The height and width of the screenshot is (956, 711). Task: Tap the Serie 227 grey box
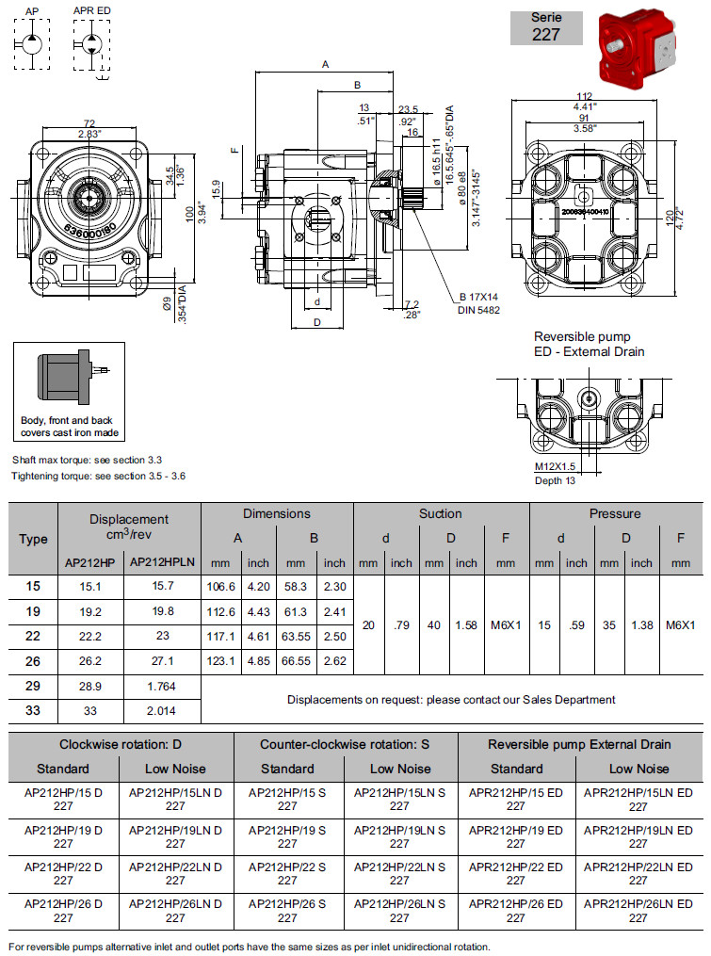click(546, 26)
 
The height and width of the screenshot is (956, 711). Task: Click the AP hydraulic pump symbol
click(31, 42)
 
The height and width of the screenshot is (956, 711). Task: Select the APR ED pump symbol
click(91, 42)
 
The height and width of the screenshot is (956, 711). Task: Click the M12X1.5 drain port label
click(555, 466)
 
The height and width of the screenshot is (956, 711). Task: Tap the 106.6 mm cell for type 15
click(221, 586)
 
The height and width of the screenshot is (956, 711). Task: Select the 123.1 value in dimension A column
click(221, 660)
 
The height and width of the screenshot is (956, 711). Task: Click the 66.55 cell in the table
click(296, 660)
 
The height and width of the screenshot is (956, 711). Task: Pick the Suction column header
click(440, 513)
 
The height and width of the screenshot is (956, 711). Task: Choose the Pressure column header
click(614, 513)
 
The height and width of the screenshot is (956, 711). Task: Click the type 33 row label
click(33, 710)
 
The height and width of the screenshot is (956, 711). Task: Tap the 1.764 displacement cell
click(162, 686)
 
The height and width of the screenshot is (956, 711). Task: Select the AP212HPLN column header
click(162, 562)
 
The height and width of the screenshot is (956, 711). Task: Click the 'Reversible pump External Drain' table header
click(579, 744)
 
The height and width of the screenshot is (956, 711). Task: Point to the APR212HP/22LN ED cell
click(638, 872)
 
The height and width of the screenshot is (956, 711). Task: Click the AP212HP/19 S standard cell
click(287, 836)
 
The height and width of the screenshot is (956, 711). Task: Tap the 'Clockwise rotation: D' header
click(120, 744)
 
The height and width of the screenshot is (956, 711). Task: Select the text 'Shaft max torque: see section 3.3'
click(87, 460)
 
